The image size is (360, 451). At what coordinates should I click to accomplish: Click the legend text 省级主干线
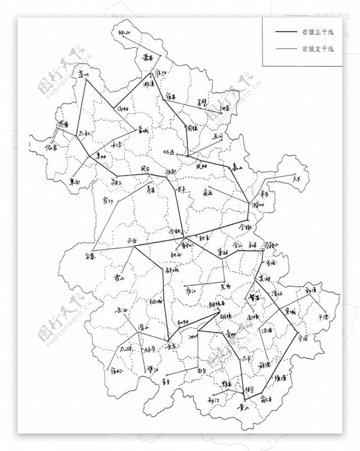(318, 32)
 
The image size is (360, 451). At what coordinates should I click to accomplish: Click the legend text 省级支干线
(318, 49)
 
